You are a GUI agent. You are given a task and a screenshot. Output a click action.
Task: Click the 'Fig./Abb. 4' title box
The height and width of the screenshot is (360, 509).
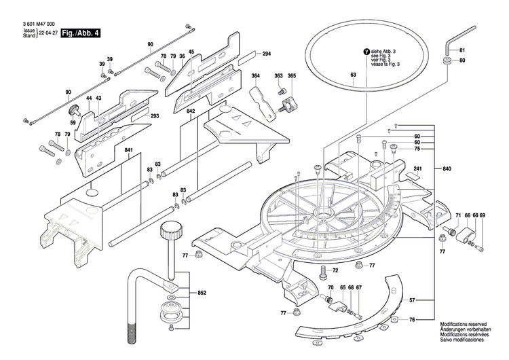pyautogui.click(x=80, y=33)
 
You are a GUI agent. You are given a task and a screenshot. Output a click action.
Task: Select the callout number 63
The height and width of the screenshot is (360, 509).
pyautogui.click(x=353, y=74)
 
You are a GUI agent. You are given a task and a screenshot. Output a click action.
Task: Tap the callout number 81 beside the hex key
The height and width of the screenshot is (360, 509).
pyautogui.click(x=463, y=52)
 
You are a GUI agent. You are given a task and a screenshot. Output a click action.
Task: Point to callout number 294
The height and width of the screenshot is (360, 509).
pyautogui.click(x=266, y=54)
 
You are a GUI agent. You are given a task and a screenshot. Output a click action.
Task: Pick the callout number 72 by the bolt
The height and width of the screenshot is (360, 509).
pyautogui.click(x=335, y=270)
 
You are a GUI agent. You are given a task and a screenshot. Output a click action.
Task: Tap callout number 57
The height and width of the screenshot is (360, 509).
pyautogui.click(x=411, y=299)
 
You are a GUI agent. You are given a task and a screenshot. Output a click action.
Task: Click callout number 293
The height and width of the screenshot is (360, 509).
pyautogui.click(x=155, y=116)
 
